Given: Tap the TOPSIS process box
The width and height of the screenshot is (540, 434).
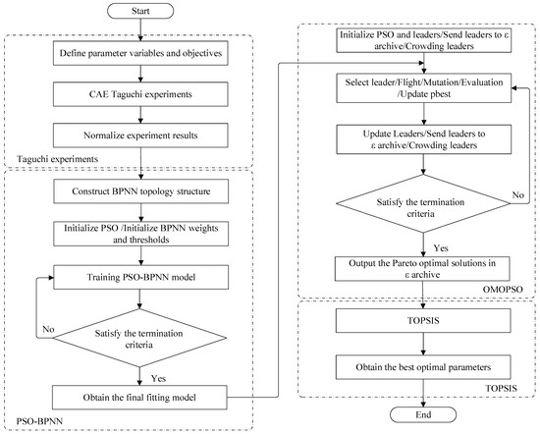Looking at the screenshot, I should pos(424,321).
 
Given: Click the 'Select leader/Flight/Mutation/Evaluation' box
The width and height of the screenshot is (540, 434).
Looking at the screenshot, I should pos(424,92).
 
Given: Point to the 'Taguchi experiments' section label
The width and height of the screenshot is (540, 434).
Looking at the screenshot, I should pos(54,156).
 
